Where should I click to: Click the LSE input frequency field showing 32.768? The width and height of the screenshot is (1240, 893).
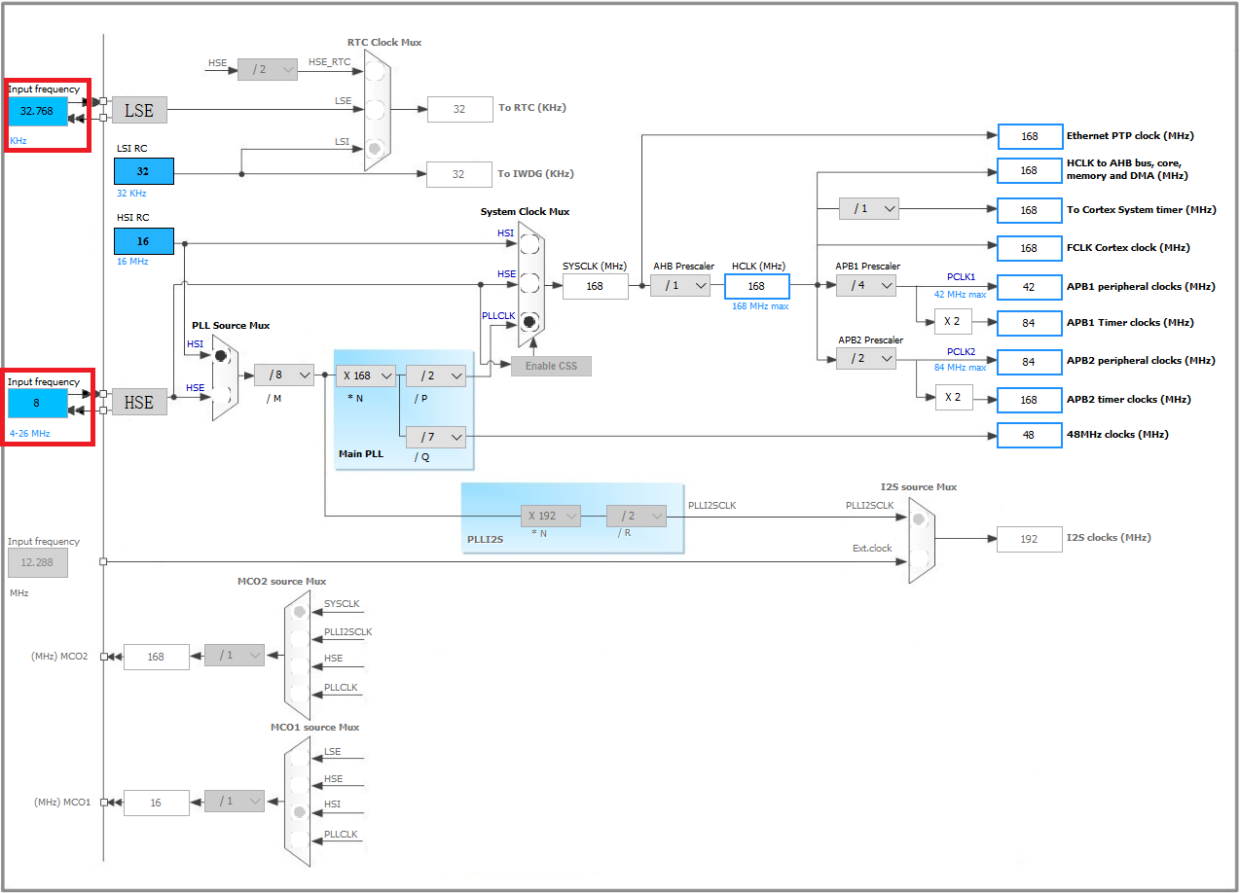(x=38, y=111)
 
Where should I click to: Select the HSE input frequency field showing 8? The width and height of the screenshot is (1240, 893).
(x=38, y=402)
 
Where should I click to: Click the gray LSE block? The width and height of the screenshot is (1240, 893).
(x=139, y=110)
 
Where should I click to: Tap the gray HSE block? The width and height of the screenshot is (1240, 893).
(x=139, y=402)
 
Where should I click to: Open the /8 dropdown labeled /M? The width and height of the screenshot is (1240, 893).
(x=284, y=375)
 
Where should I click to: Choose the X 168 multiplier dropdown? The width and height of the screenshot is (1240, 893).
(x=365, y=375)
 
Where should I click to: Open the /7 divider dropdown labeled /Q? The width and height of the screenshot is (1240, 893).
(x=436, y=437)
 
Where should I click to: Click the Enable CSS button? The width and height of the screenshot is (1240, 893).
(x=551, y=366)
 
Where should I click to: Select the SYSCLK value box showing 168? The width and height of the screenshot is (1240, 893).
(x=595, y=286)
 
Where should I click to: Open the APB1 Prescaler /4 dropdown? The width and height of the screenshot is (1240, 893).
(x=866, y=285)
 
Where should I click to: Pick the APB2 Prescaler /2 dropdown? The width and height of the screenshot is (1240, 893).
(x=866, y=359)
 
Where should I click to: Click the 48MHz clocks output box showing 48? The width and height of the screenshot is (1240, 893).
(x=1029, y=435)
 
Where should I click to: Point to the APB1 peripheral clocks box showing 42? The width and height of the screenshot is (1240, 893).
(x=1029, y=287)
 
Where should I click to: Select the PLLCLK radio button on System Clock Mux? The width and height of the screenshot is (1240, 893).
(x=529, y=321)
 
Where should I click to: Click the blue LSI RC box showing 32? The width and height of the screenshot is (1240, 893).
(x=143, y=171)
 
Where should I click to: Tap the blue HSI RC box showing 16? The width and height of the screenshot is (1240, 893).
(x=143, y=241)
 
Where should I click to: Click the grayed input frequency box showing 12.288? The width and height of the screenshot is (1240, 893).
(x=38, y=563)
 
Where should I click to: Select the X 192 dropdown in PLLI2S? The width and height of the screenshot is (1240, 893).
(x=550, y=516)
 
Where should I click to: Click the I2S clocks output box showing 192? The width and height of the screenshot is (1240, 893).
(x=1029, y=539)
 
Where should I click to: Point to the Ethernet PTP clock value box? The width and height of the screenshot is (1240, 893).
(x=1029, y=137)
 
